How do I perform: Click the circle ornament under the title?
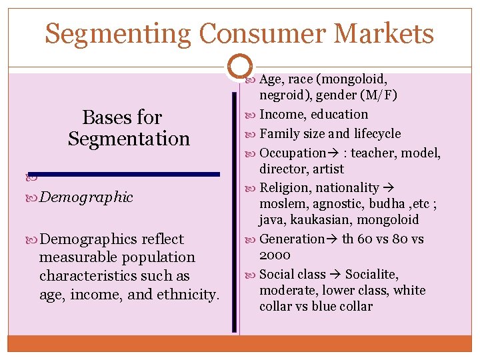(x=239, y=66)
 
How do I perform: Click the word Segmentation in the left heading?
(x=129, y=139)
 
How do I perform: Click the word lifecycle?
(x=377, y=134)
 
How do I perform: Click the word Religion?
(x=285, y=188)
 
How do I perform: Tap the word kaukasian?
(x=321, y=220)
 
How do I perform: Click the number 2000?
(x=275, y=255)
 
